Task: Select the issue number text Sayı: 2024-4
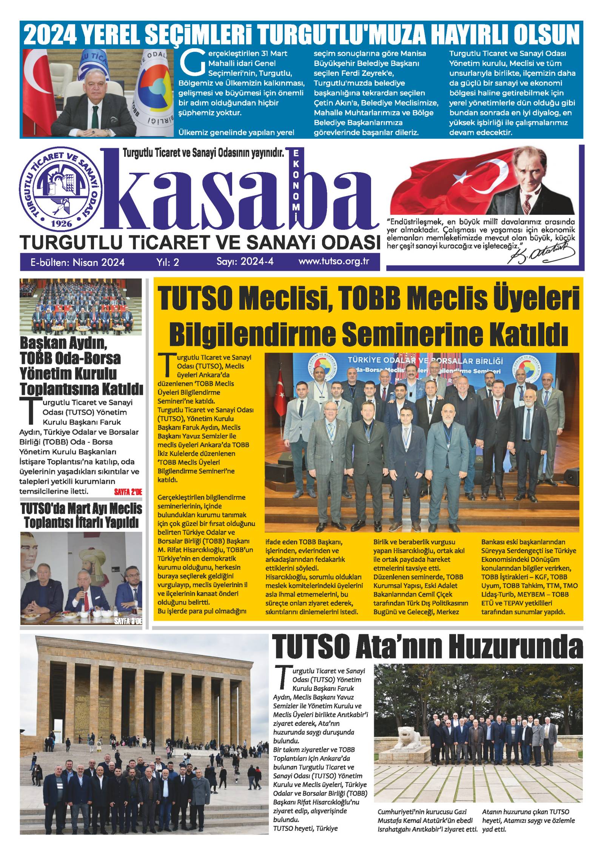pyautogui.click(x=245, y=261)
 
